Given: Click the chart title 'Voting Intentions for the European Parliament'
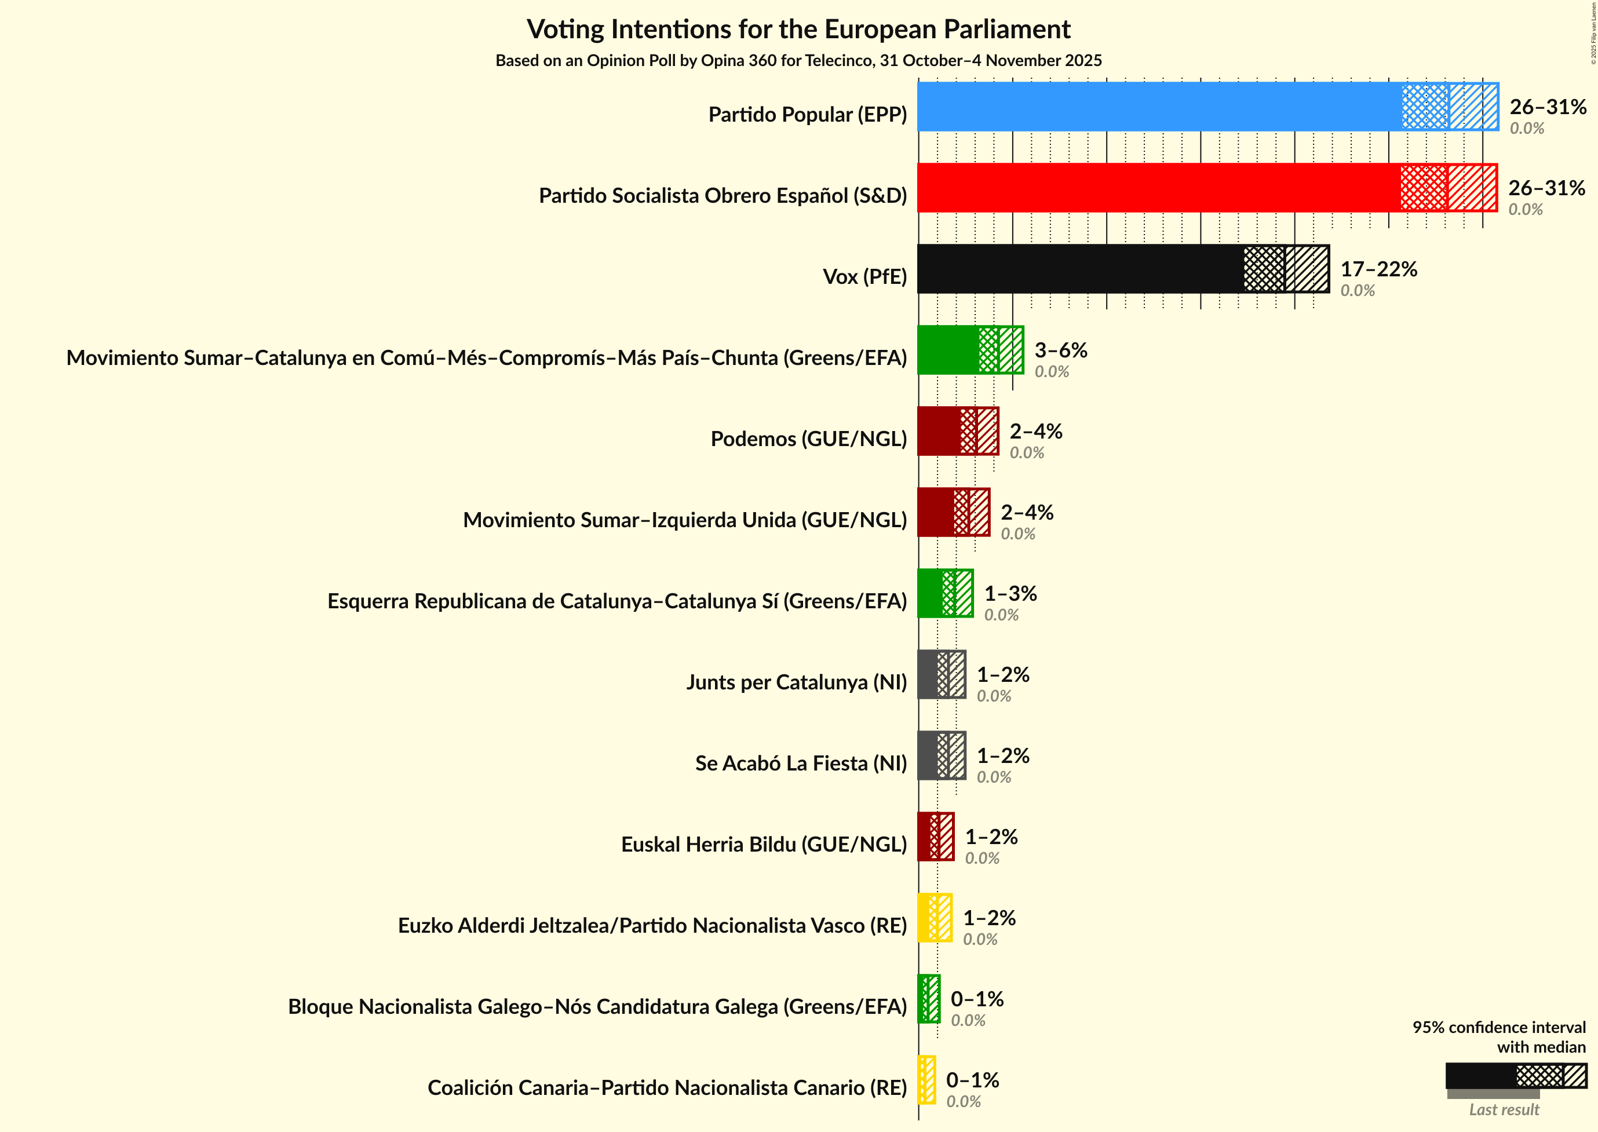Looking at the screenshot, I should (x=798, y=30).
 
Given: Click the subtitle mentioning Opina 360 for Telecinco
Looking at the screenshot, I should (x=798, y=61).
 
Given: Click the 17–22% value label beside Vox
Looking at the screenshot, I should (x=1378, y=269).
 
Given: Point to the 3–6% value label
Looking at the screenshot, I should (x=1060, y=350).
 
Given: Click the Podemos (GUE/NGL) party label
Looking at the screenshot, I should (x=808, y=439).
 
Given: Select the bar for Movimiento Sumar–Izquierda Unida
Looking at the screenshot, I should (x=953, y=512).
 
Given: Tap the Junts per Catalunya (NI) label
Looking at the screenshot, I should (x=796, y=682).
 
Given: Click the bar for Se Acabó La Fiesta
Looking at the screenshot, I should (x=941, y=755).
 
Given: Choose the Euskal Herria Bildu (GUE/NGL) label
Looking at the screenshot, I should (x=764, y=844).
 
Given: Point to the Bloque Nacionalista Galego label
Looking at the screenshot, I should (x=597, y=1006).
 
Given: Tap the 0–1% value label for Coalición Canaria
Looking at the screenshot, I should (x=972, y=1080).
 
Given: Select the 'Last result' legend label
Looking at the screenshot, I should (x=1504, y=1109).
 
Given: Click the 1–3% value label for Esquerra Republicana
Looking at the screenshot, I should (x=1010, y=593).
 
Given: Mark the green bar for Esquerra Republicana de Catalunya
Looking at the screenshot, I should (x=944, y=593).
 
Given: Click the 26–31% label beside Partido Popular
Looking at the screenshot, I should (x=1548, y=107).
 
